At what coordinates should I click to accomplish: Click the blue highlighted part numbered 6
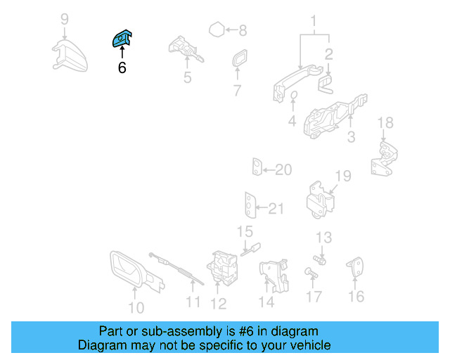click(122, 39)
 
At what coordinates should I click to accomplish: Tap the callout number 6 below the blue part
click(122, 69)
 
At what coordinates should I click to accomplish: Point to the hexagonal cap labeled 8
click(217, 30)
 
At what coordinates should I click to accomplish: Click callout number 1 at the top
click(314, 20)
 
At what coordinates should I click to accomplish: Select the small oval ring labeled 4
click(295, 97)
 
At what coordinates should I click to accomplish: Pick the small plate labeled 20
click(257, 169)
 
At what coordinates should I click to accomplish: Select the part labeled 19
click(321, 199)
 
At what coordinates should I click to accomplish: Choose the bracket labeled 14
click(274, 276)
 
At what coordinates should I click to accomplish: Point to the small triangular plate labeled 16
click(356, 268)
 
